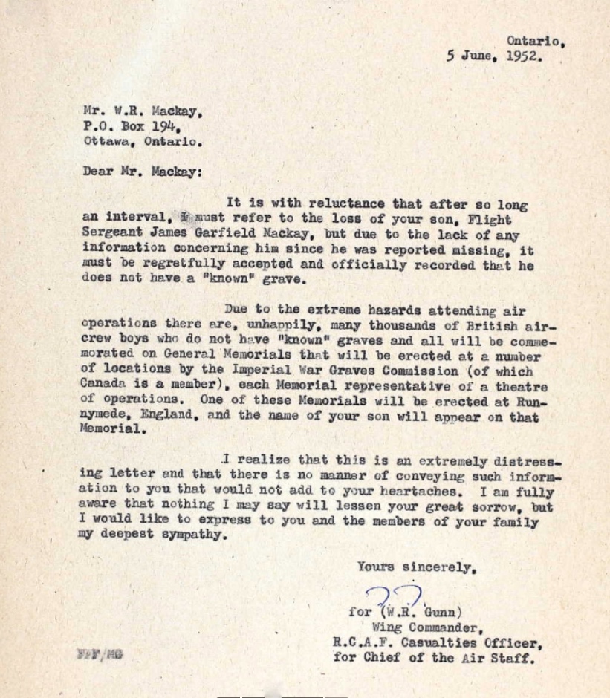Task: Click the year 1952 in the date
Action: (x=525, y=56)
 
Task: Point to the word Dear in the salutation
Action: (x=97, y=172)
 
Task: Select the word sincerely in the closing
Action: (x=438, y=567)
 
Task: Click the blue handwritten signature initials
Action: (x=395, y=596)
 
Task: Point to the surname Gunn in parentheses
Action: (x=443, y=613)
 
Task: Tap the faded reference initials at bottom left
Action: (x=98, y=654)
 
